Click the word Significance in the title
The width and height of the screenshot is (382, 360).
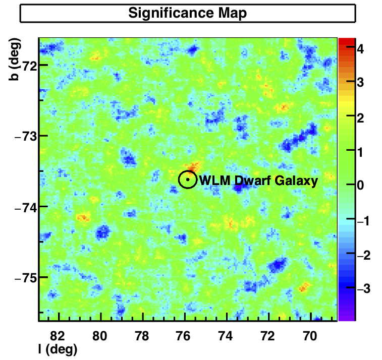pos(171,13)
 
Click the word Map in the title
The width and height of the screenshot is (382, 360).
pos(233,14)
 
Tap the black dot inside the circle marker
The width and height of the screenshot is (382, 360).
pos(188,179)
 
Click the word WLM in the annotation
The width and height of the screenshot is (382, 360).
pos(215,181)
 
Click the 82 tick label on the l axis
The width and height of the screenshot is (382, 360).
pos(58,336)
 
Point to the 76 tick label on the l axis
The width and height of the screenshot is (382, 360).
pos(184,336)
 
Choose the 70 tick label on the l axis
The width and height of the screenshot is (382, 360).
pos(310,336)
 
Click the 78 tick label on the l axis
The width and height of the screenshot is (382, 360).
pos(141,336)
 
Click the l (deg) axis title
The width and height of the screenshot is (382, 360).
pos(58,350)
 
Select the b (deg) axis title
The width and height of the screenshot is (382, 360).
pos(14,59)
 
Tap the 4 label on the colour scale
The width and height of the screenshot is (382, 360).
pos(360,49)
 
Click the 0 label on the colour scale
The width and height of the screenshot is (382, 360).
pos(360,185)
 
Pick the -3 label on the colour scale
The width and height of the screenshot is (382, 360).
pos(363,288)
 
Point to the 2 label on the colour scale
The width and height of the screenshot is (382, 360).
pos(360,118)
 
